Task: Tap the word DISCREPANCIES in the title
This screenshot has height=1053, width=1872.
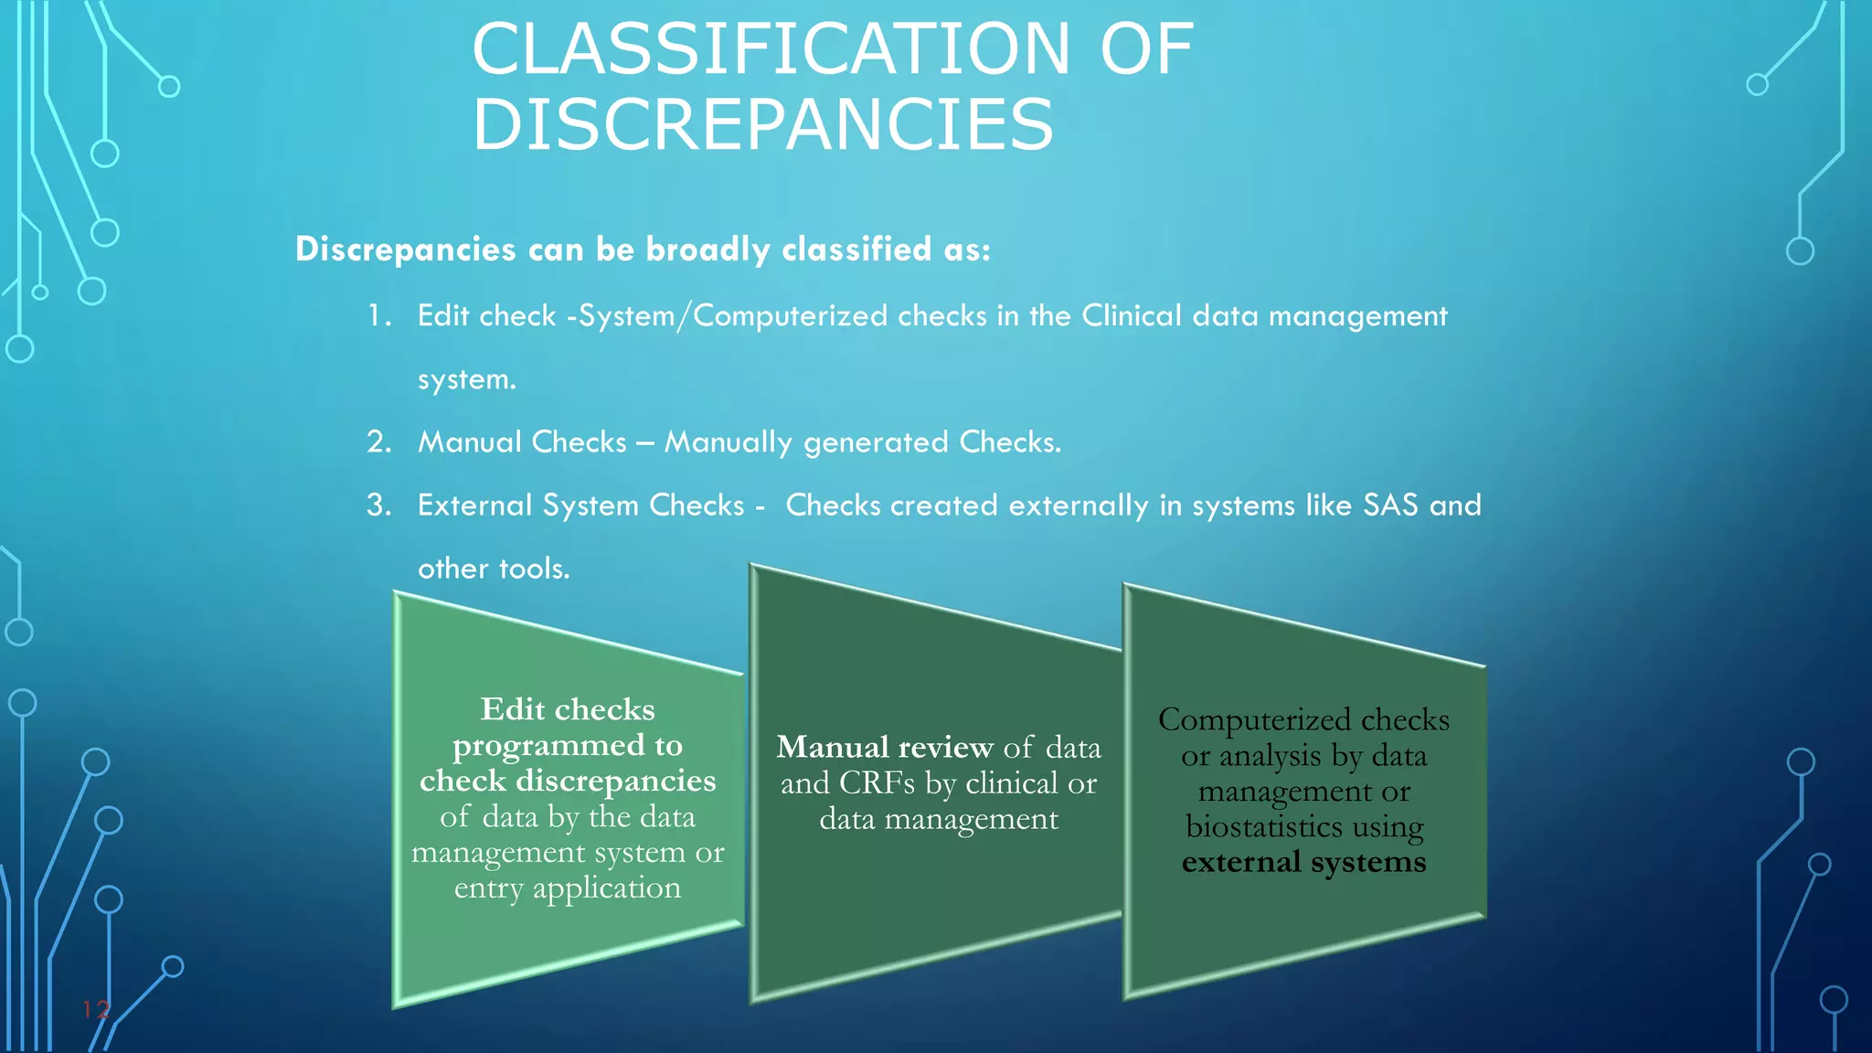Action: pyautogui.click(x=763, y=125)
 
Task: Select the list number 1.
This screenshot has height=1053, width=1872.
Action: pyautogui.click(x=378, y=316)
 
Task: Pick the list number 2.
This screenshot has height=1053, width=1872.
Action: pyautogui.click(x=378, y=442)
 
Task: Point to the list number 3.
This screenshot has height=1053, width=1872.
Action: pyautogui.click(x=378, y=505)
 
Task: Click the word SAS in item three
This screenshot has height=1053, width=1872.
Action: pyautogui.click(x=1390, y=505)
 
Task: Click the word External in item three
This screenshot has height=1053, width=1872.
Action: pyautogui.click(x=475, y=505)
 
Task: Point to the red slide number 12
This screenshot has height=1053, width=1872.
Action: pyautogui.click(x=96, y=1009)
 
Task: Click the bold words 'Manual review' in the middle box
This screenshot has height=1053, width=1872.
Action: pyautogui.click(x=884, y=748)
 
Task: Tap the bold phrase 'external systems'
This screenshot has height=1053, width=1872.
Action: pyautogui.click(x=1303, y=862)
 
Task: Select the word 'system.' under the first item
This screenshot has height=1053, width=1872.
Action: pyautogui.click(x=466, y=379)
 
